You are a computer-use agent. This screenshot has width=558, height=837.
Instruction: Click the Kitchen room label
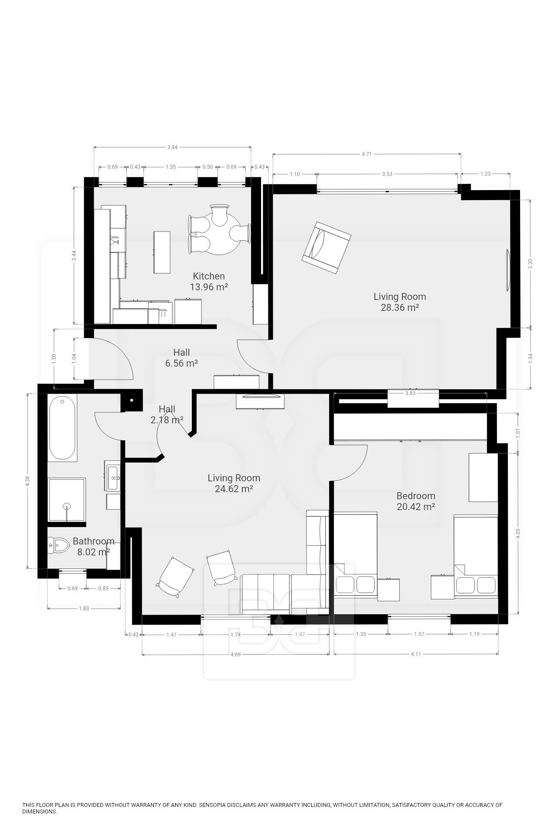209,276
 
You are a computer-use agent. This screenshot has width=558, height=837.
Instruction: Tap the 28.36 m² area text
400,307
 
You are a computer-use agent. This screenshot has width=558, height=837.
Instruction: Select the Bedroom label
415,496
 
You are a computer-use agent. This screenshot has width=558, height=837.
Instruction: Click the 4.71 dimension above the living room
367,154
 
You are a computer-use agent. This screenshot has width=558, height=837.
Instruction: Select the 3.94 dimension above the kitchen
172,147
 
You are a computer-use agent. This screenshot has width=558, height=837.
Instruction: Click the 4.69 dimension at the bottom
235,654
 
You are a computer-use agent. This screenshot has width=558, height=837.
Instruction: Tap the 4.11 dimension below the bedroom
416,654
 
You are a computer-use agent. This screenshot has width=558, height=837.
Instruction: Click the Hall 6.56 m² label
181,357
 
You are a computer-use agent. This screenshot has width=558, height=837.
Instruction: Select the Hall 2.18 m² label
167,415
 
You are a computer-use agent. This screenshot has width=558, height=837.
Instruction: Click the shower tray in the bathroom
66,500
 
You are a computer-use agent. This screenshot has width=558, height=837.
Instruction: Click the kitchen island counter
162,252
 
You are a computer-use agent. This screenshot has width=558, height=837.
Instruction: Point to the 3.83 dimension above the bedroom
410,393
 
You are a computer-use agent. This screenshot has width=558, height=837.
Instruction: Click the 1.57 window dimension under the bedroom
418,634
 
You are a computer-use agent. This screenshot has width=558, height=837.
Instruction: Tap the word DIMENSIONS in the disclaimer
40,812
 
